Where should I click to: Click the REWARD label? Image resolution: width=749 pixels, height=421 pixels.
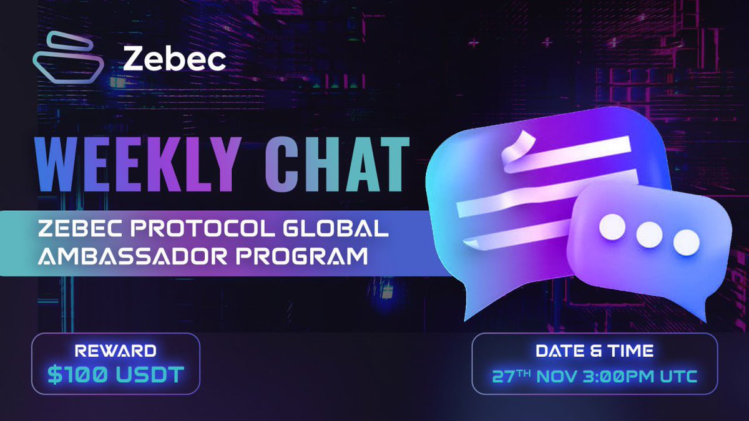point(116,351)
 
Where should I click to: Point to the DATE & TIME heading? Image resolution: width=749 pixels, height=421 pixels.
point(594,351)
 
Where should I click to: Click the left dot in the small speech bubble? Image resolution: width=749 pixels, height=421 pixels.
point(612,227)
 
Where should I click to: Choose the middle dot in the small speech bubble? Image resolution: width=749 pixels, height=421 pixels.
point(649,233)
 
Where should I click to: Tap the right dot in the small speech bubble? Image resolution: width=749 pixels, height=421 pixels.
point(686,241)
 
